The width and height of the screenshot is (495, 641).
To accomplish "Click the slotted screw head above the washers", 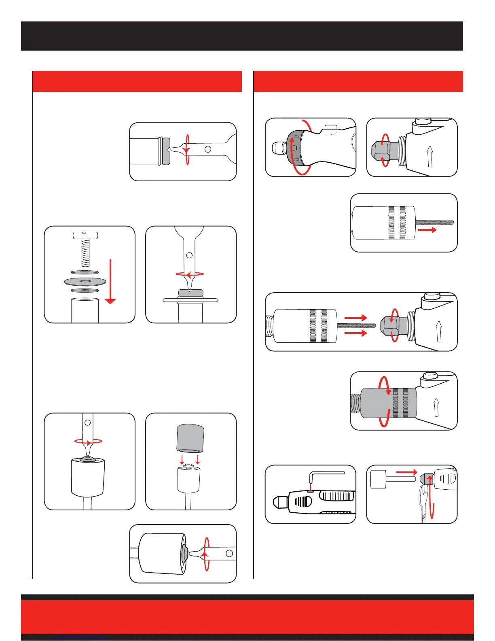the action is (x=85, y=235).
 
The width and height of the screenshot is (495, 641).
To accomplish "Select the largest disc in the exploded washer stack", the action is (x=85, y=281).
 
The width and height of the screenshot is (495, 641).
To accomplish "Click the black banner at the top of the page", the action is (x=242, y=36).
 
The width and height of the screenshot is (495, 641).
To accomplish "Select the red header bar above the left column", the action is (x=137, y=81).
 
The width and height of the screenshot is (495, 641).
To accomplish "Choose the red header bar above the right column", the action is (x=358, y=81).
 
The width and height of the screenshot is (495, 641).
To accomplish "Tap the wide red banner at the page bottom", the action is (x=247, y=616).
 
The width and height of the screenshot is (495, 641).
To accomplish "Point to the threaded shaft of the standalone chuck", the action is (x=435, y=222).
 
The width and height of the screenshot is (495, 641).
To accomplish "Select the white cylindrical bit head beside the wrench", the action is (x=378, y=479).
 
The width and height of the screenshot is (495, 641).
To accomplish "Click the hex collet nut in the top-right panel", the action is (x=382, y=151).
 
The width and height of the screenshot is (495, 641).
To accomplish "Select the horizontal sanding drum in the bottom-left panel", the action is (x=162, y=554).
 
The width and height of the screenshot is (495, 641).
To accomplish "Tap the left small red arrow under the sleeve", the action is (x=182, y=460).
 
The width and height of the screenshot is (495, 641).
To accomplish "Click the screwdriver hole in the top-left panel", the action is (x=208, y=149).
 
